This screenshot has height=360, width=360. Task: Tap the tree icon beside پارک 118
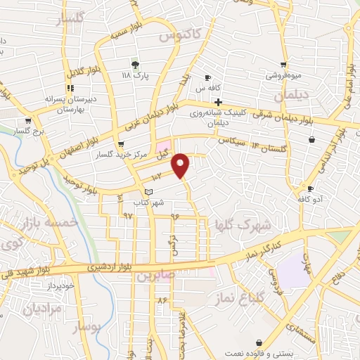coord(135,65)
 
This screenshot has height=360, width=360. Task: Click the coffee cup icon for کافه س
coord(208,77)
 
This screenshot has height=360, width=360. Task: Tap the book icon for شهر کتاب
coord(148,191)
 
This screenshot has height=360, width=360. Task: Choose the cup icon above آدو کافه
coord(310,189)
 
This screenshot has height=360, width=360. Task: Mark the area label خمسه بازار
coord(26,224)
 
